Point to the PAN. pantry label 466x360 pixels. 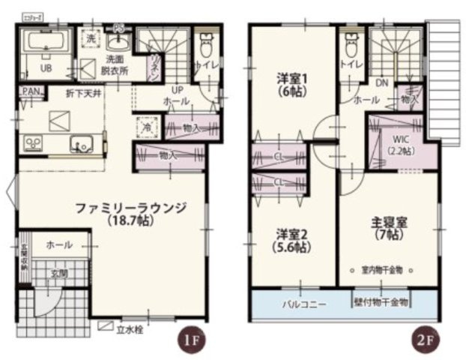tap(31, 91)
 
